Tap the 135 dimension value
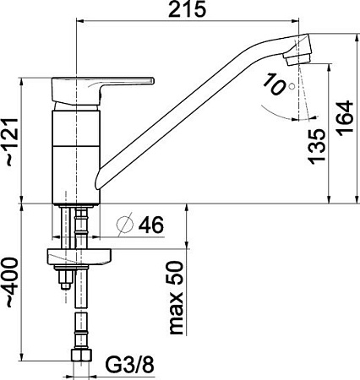[316, 145]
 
